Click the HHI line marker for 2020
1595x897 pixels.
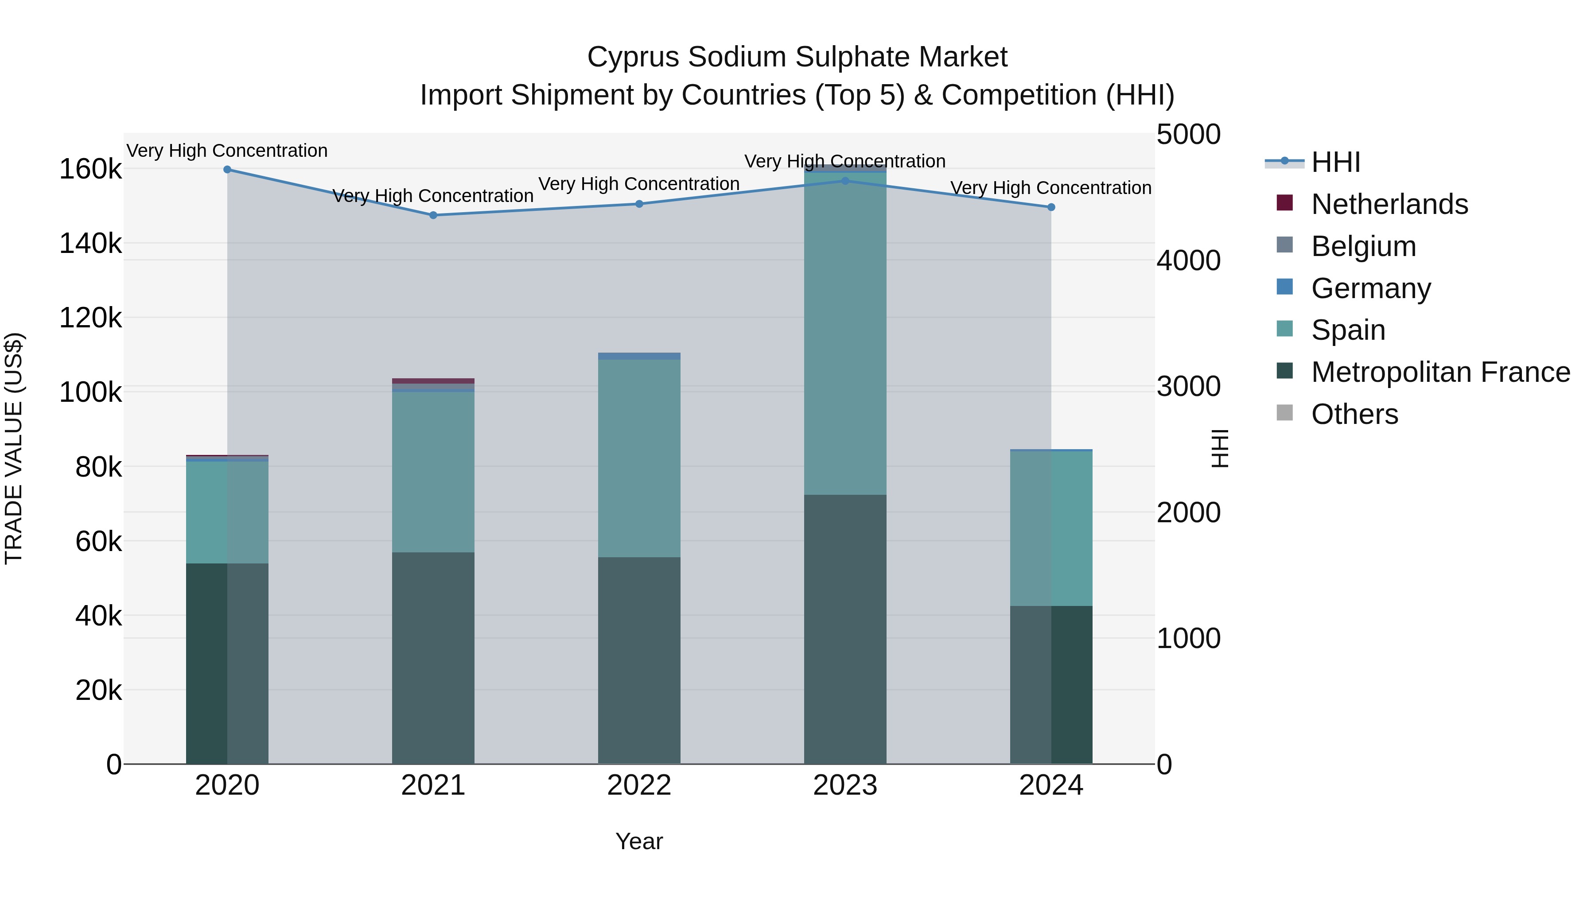(x=227, y=170)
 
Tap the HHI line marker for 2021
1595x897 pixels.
(x=433, y=215)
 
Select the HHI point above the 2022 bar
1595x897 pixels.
(x=640, y=204)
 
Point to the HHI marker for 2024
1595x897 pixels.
(x=1051, y=207)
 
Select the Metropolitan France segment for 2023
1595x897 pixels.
(x=845, y=628)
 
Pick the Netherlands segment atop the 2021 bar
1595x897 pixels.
(x=433, y=381)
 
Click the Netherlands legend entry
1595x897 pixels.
(x=1389, y=204)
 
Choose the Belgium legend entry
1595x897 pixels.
(x=1363, y=246)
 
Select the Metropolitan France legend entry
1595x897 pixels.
(x=1440, y=372)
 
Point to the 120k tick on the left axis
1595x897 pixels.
(x=90, y=318)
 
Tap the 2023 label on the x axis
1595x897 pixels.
(x=845, y=785)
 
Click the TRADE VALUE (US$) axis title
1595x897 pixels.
(x=14, y=448)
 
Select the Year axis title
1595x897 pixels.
(x=639, y=841)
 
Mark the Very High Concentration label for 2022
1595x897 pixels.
(x=639, y=184)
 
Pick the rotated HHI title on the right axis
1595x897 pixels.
(x=1220, y=448)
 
